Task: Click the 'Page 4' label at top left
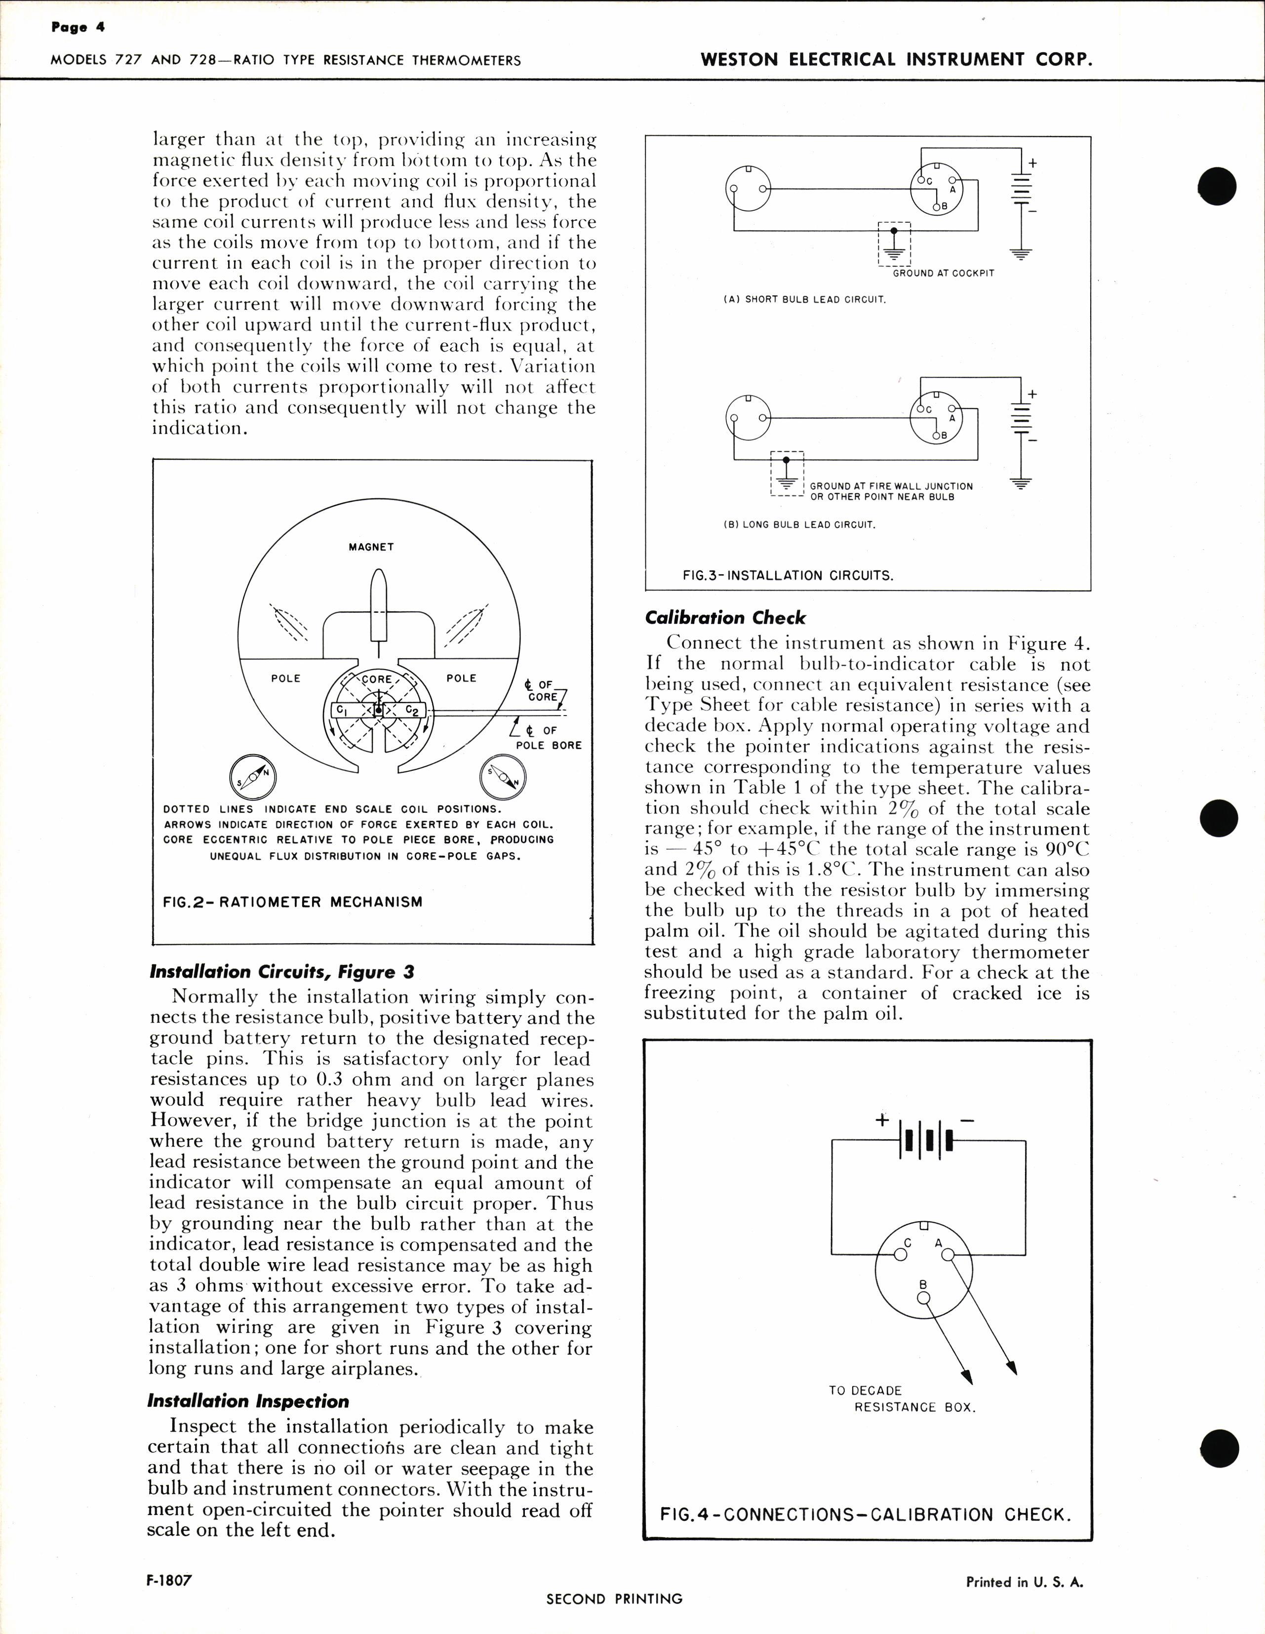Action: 78,28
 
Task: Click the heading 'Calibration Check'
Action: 725,617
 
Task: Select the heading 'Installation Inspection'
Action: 248,1401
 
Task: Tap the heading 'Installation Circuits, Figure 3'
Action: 281,972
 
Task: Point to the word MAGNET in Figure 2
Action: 371,547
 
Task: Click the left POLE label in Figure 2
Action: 286,678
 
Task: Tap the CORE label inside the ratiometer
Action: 377,679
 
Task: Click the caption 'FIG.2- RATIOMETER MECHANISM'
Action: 292,902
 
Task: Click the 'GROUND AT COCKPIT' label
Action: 944,273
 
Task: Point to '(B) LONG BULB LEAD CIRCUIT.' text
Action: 799,524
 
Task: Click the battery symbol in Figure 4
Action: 928,1140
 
